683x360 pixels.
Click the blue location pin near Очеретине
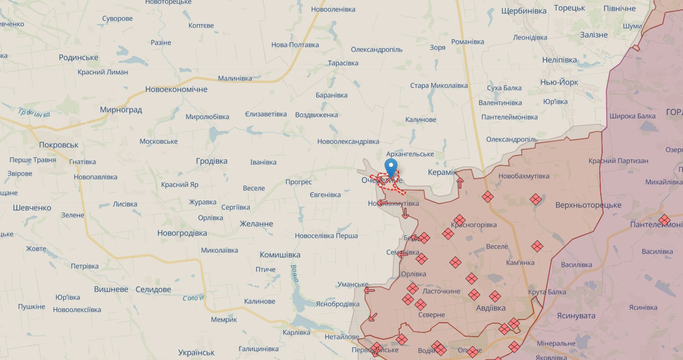[x=391, y=167]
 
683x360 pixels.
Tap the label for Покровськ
[x=59, y=145]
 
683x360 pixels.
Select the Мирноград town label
[x=121, y=110]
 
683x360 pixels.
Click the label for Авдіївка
[x=491, y=308]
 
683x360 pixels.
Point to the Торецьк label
[x=569, y=8]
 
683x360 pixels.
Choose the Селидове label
[x=153, y=290]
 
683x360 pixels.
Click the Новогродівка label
[x=182, y=233]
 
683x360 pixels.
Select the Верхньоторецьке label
[x=588, y=205]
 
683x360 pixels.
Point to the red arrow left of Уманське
[x=369, y=291]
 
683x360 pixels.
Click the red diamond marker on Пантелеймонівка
[x=664, y=220]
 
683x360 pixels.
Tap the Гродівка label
[x=212, y=161]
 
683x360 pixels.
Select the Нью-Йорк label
[x=559, y=82]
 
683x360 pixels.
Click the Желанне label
[x=256, y=224]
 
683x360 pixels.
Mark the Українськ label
[x=196, y=352]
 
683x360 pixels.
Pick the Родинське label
[x=79, y=57]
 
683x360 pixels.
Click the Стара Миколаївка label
[x=439, y=86]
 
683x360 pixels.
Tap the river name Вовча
[x=296, y=273]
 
